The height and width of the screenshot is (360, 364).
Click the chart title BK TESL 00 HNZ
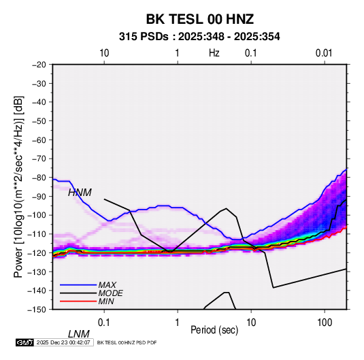tap(199, 19)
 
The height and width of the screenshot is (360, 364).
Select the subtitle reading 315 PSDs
tap(144, 37)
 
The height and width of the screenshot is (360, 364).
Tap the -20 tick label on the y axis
tap(39, 65)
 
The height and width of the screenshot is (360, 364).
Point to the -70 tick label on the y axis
tap(39, 159)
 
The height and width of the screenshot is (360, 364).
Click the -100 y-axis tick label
tap(37, 215)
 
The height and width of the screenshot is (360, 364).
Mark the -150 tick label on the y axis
tap(37, 310)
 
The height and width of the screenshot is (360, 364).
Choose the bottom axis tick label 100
tap(325, 323)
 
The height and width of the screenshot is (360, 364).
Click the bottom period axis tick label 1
tap(178, 323)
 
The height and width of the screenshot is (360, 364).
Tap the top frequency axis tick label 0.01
tap(324, 53)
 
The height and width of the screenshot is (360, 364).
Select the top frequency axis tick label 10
tap(104, 53)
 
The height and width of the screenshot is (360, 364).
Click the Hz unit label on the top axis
tap(214, 53)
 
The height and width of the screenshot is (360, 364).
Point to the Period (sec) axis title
tap(214, 330)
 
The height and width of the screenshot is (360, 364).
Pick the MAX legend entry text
tap(107, 285)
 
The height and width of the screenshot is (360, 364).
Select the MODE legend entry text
tap(110, 293)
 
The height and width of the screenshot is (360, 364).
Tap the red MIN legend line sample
tap(78, 301)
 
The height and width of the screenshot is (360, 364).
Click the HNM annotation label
tap(80, 193)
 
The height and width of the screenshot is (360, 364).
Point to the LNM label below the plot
tap(79, 334)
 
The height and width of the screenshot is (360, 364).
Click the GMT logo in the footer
tap(24, 342)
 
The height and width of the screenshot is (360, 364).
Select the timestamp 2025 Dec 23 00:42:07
tap(63, 342)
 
